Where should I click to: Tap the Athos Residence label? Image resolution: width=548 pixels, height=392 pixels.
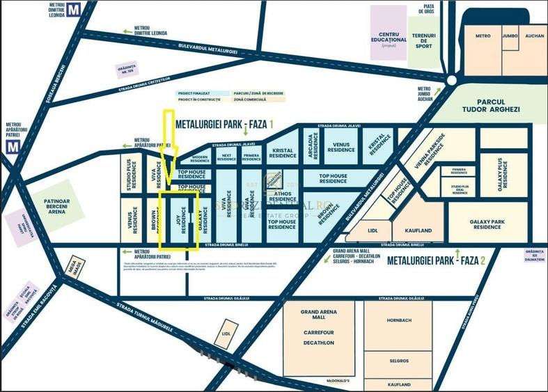pos(282,197)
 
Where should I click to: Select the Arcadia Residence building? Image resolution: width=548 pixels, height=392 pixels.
pos(311,145)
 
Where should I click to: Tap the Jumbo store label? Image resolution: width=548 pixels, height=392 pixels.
pos(510,36)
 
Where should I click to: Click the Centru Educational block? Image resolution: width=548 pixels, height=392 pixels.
pos(389,37)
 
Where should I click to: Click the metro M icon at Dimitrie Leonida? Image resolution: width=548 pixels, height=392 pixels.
pos(91,10)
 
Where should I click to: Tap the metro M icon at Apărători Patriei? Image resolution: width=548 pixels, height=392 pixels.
pos(11,146)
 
